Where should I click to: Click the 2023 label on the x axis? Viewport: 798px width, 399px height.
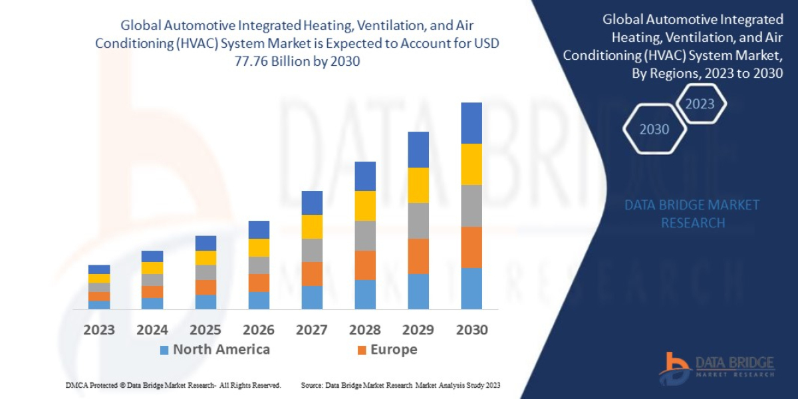coord(99,330)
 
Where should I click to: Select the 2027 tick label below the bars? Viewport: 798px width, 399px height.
coord(312,330)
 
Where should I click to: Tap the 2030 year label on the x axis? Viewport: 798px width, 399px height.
coord(471,330)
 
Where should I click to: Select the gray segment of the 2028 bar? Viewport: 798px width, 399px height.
coord(365,235)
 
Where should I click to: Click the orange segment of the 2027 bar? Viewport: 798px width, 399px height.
coord(312,274)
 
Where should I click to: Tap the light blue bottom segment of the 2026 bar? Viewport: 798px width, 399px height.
coord(259,301)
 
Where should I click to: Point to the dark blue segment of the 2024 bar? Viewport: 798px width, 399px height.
coord(152,256)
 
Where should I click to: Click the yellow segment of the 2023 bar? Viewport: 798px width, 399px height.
coord(99,278)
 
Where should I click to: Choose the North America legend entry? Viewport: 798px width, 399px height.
coord(215,350)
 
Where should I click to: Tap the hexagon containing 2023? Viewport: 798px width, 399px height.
coord(700,104)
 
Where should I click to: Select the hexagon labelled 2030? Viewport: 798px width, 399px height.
coord(654,130)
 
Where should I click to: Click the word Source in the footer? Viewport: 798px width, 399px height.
coord(312,385)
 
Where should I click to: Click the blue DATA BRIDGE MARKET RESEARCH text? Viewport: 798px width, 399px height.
coord(692,213)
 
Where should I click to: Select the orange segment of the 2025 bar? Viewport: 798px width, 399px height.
coord(205,287)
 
